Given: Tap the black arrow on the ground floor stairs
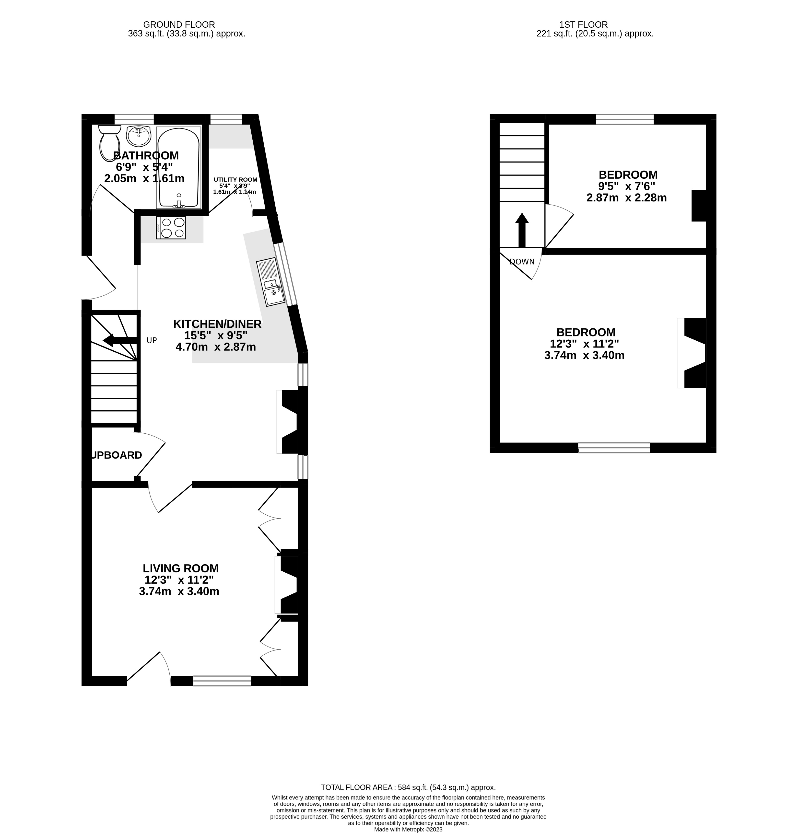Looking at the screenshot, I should pyautogui.click(x=120, y=340).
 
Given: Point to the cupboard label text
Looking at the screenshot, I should pyautogui.click(x=117, y=455).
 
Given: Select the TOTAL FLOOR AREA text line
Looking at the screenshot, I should pyautogui.click(x=408, y=787).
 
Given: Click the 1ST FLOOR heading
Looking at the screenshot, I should pyautogui.click(x=583, y=25).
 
